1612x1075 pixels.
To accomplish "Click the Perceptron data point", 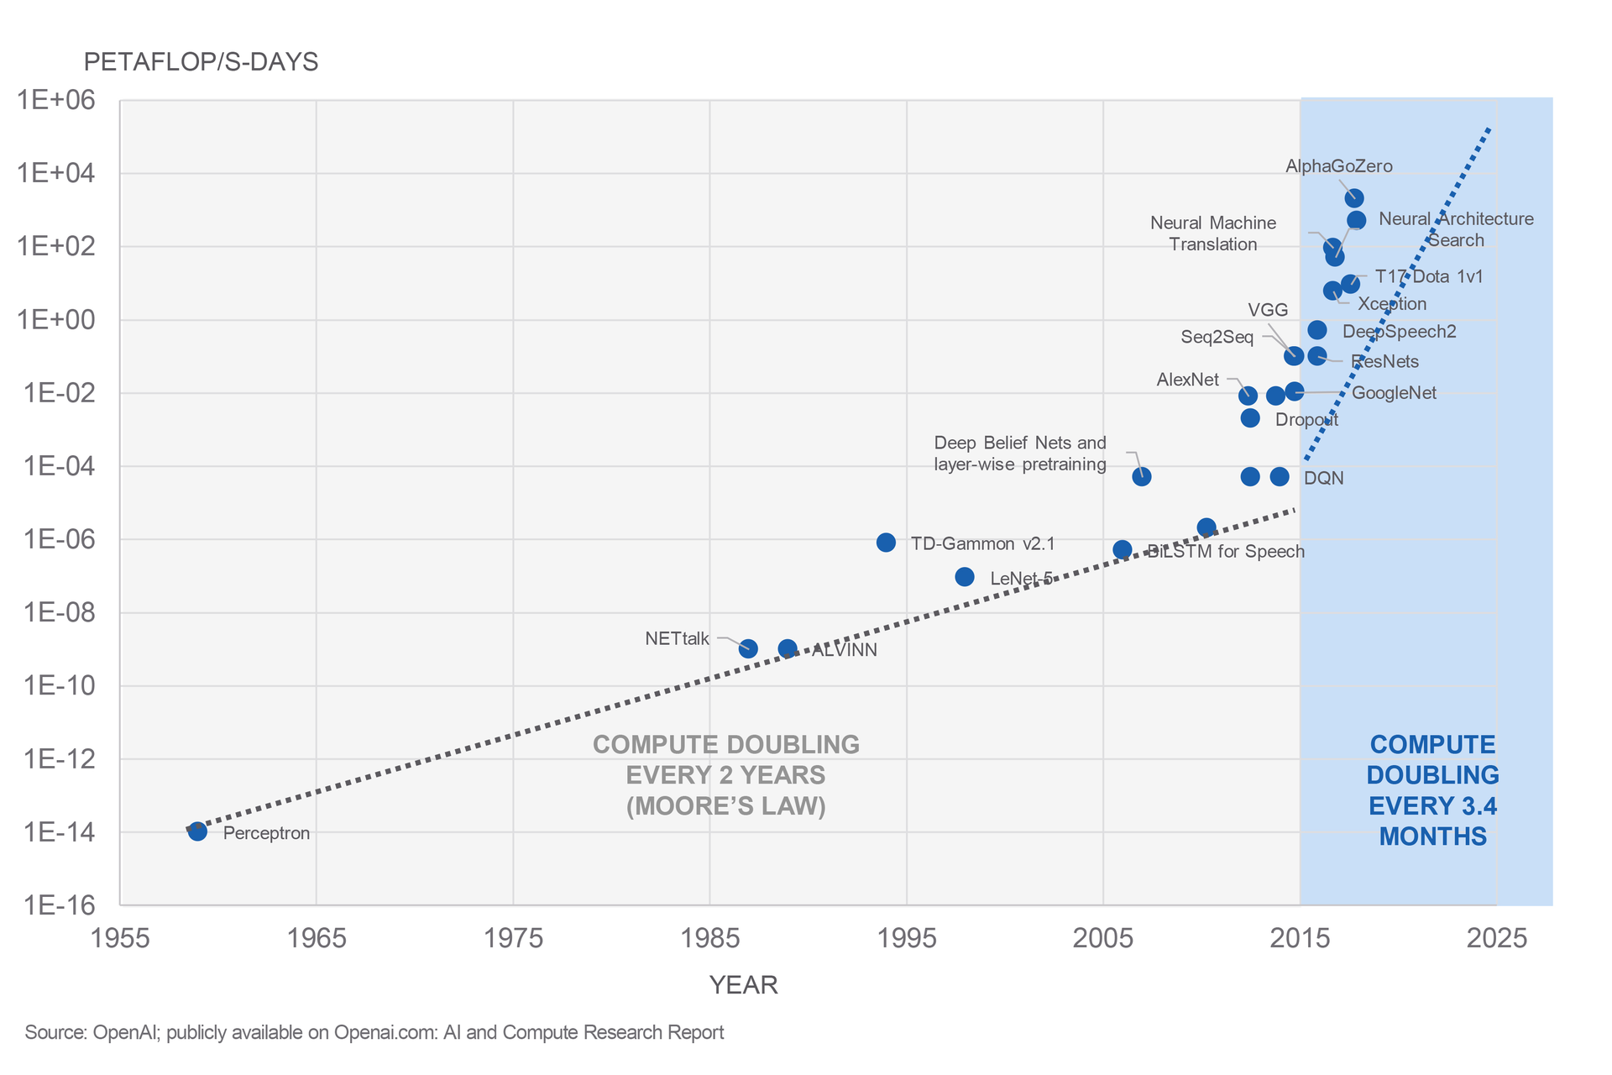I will pyautogui.click(x=197, y=831).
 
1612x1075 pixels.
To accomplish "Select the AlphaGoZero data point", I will pyautogui.click(x=1354, y=198).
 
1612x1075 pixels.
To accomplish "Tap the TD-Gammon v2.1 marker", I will pyautogui.click(x=886, y=543).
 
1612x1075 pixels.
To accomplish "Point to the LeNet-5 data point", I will pyautogui.click(x=965, y=577).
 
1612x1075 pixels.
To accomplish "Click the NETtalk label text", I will pyautogui.click(x=677, y=639).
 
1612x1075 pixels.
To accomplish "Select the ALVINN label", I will pyautogui.click(x=844, y=651).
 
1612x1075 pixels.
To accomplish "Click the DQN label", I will pyautogui.click(x=1323, y=479).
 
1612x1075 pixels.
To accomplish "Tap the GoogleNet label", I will pyautogui.click(x=1394, y=393).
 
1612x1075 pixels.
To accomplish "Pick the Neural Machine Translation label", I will pyautogui.click(x=1213, y=233).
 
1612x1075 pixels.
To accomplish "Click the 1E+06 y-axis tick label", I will pyautogui.click(x=56, y=100).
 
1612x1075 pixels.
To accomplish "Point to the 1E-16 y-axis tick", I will pyautogui.click(x=56, y=905).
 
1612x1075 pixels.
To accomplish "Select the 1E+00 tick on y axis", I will pyautogui.click(x=56, y=320).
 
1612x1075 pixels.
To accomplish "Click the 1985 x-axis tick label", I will pyautogui.click(x=709, y=938).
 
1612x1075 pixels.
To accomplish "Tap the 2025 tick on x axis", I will pyautogui.click(x=1496, y=938).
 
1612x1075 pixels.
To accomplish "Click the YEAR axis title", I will pyautogui.click(x=743, y=985).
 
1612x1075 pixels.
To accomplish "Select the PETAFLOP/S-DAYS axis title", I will pyautogui.click(x=201, y=62).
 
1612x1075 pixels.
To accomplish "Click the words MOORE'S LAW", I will pyautogui.click(x=726, y=806).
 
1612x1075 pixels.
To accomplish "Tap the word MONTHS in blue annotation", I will pyautogui.click(x=1432, y=836).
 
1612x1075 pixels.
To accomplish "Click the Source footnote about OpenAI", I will pyautogui.click(x=374, y=1032).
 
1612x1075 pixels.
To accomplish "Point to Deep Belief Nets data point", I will pyautogui.click(x=1142, y=476).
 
